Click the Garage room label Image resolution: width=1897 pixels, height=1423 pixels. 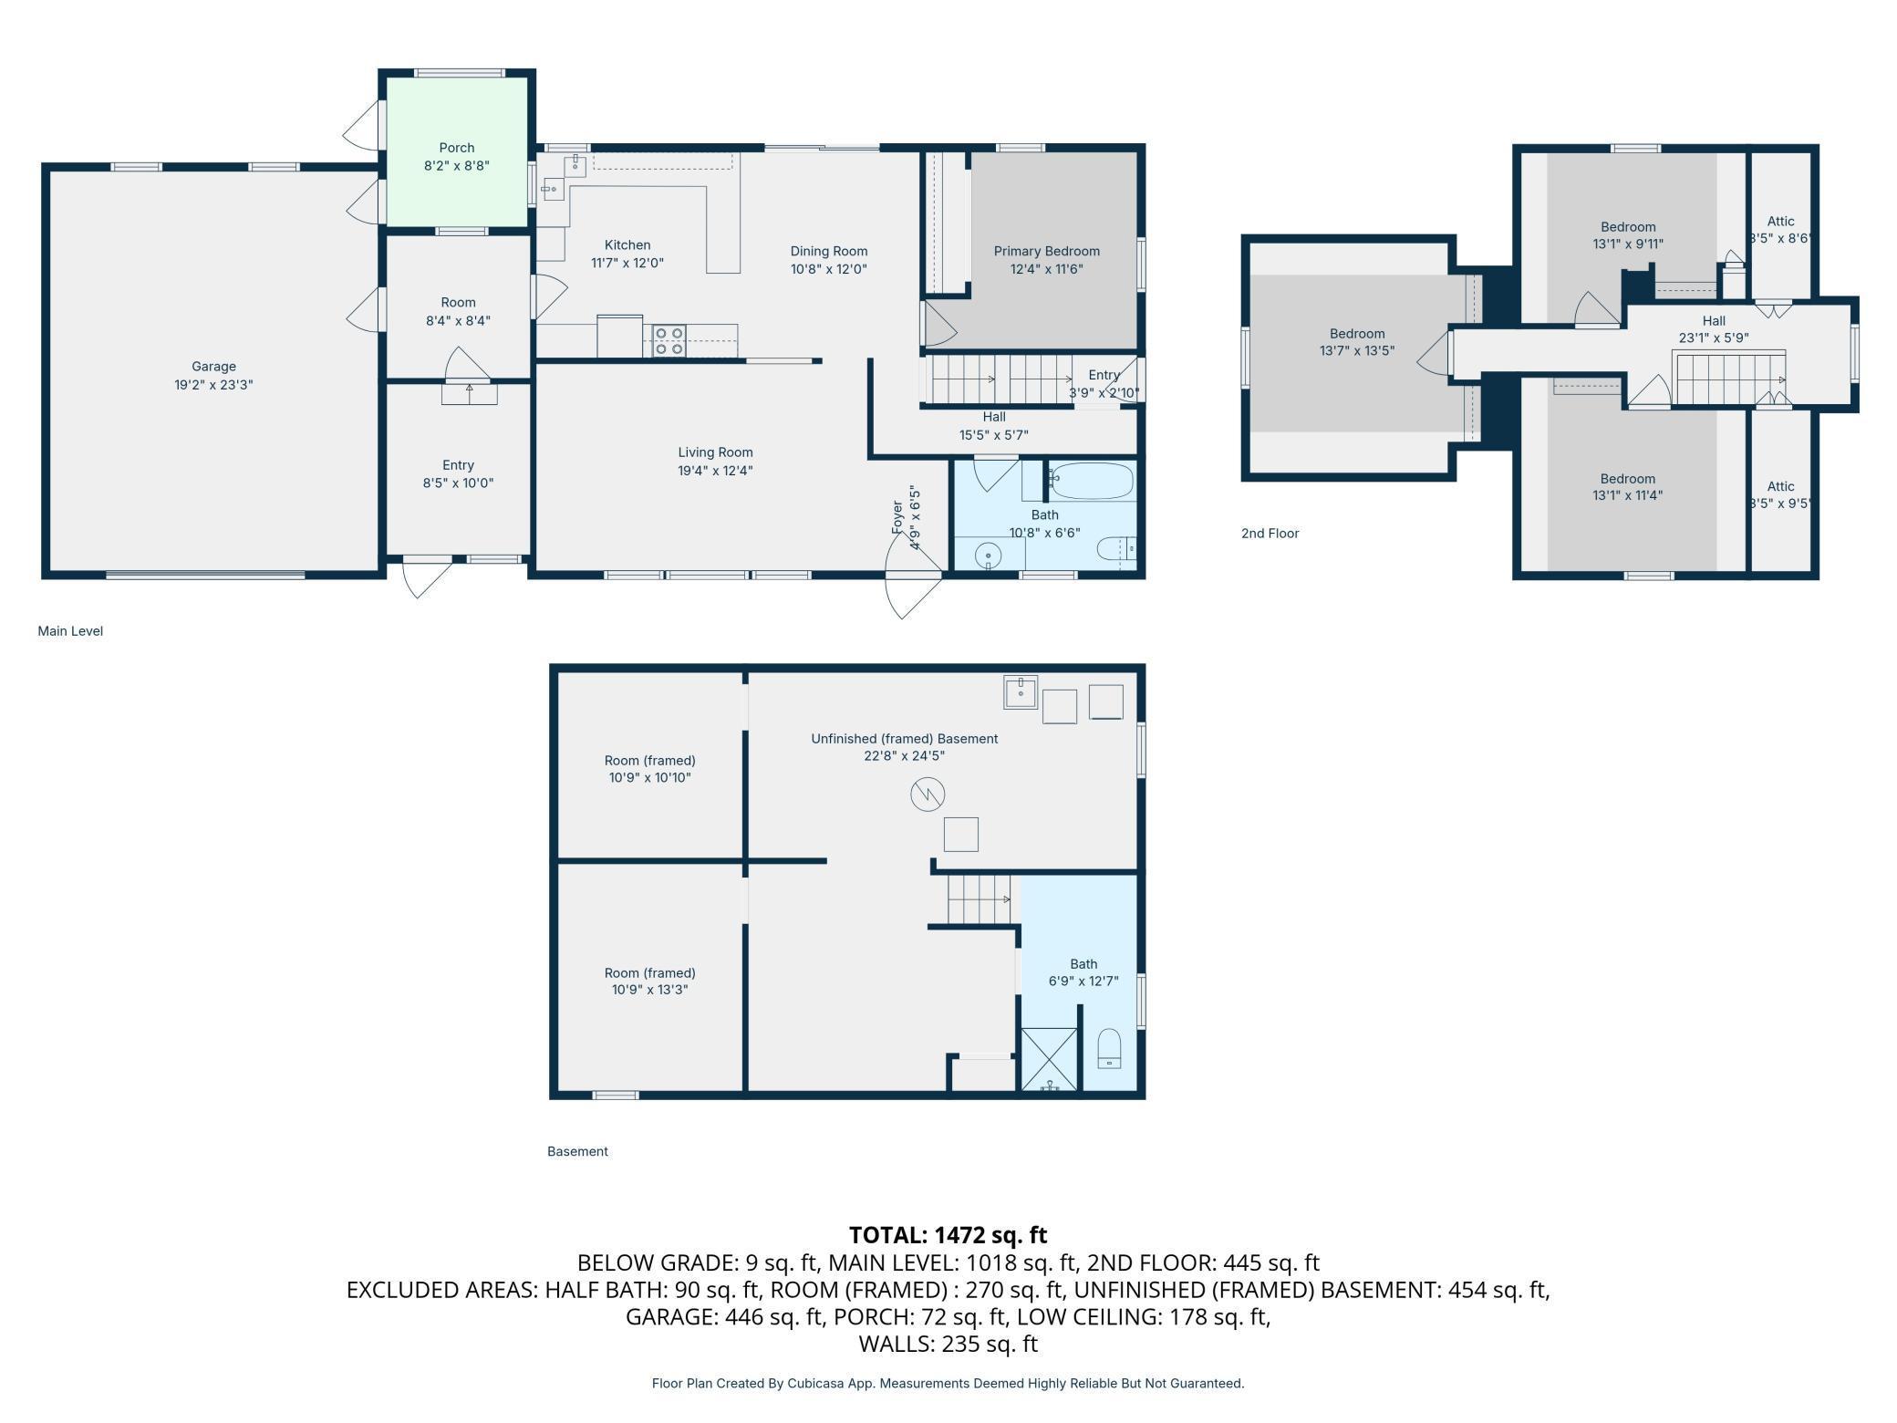coord(213,367)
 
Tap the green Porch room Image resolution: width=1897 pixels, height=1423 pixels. coord(457,151)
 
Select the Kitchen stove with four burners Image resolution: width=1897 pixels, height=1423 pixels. coord(669,340)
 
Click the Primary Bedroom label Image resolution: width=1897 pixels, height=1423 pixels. coord(1046,251)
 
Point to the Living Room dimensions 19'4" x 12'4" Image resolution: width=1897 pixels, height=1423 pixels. coord(715,471)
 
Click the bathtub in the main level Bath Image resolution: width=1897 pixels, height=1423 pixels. coord(1091,481)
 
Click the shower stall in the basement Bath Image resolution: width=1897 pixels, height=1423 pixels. coord(1049,1060)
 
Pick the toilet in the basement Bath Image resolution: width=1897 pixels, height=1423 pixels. coord(1109,1049)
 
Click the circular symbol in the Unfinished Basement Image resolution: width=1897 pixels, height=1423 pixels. coord(928,795)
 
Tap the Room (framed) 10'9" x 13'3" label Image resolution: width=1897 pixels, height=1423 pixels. coord(649,981)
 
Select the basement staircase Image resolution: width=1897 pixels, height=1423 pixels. coord(979,899)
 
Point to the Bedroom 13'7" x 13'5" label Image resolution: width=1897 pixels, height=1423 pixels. coord(1357,342)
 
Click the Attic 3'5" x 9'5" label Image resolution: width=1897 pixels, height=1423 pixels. coord(1780,494)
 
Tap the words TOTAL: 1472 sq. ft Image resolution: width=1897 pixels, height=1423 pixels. coord(948,1235)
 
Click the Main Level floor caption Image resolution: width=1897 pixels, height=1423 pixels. coord(70,631)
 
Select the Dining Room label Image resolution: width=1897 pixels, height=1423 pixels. coord(828,251)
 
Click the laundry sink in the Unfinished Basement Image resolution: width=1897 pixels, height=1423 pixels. coord(1021,691)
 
